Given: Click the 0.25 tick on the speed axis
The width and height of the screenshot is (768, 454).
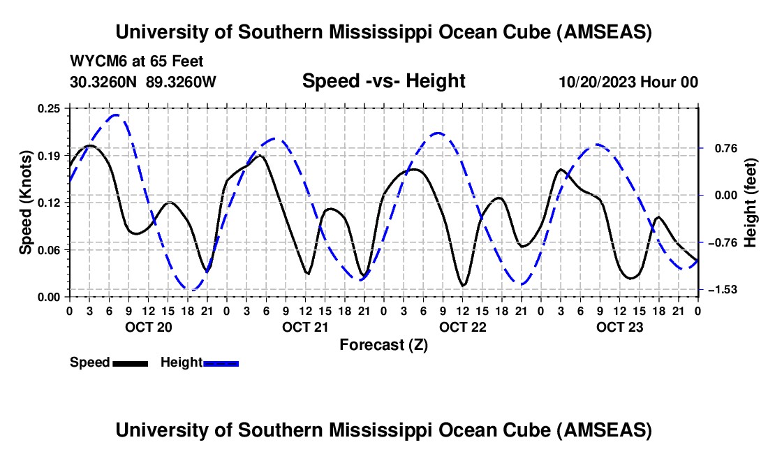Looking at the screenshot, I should click(x=50, y=108).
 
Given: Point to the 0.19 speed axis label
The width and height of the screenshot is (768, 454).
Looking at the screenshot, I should click(x=50, y=155).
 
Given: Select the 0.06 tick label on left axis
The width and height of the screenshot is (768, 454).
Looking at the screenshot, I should click(x=50, y=249).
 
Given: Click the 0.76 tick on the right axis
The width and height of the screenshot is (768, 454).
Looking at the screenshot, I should click(x=719, y=148).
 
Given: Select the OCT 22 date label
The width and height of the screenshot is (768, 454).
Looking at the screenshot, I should click(x=462, y=327).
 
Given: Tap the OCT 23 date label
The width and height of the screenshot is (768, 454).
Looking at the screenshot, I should click(x=619, y=327).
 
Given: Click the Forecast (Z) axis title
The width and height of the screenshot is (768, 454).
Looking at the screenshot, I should click(x=383, y=344).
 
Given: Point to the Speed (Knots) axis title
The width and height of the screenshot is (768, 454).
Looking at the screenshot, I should click(x=25, y=203).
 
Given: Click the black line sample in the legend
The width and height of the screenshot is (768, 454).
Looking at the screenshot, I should click(x=130, y=363).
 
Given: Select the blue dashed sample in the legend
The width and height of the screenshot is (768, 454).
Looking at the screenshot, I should click(x=221, y=363).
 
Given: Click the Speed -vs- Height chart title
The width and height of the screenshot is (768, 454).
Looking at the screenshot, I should click(x=383, y=82).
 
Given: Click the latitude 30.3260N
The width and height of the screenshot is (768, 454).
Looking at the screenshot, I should click(x=104, y=82).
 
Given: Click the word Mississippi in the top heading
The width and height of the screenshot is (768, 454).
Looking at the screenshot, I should click(x=383, y=32).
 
